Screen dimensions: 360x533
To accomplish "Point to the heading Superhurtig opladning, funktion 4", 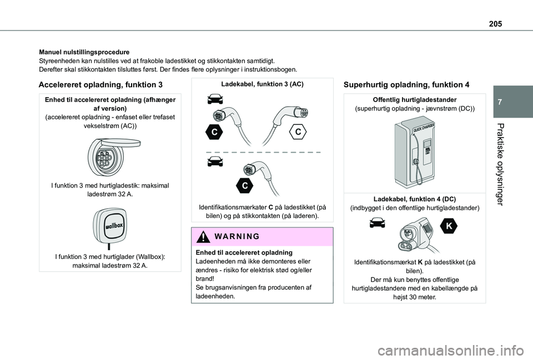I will click(x=406, y=85).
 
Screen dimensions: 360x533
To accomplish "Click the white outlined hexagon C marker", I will click(x=298, y=131).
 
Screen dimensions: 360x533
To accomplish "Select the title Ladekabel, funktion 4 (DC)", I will click(x=414, y=199).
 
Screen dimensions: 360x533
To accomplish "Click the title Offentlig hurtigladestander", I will click(x=414, y=99).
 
